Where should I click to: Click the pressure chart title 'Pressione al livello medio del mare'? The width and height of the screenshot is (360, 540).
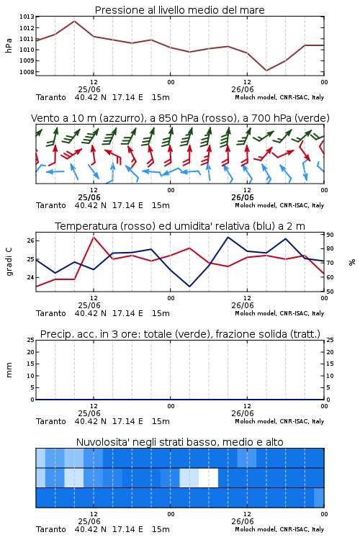[x=179, y=10]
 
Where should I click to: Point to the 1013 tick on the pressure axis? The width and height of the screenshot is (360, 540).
[x=27, y=17]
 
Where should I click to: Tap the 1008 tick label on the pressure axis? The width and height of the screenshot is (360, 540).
[x=27, y=72]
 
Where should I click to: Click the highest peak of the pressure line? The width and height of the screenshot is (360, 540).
[x=74, y=21]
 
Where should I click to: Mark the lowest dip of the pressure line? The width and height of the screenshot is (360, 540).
[x=266, y=71]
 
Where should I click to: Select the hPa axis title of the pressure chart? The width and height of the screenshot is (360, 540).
[x=9, y=45]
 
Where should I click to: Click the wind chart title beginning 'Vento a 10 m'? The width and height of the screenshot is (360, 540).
[x=180, y=118]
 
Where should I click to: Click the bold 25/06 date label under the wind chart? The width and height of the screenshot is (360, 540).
[x=89, y=197]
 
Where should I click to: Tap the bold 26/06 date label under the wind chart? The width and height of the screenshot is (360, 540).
[x=243, y=197]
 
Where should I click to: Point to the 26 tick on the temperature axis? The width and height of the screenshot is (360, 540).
[x=30, y=240]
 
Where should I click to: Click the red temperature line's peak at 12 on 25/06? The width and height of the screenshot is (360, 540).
[x=94, y=237]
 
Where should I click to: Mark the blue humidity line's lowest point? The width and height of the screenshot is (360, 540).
[x=189, y=287]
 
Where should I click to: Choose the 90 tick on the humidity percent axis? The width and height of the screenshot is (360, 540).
[x=330, y=235]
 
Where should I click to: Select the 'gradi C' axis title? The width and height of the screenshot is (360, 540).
[x=9, y=262]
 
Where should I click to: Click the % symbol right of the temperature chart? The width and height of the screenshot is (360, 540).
[x=352, y=262]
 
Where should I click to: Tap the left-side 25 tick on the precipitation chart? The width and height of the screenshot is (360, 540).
[x=30, y=340]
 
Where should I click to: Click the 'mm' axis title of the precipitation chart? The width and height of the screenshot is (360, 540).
[x=9, y=370]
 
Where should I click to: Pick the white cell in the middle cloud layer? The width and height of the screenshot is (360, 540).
[x=208, y=477]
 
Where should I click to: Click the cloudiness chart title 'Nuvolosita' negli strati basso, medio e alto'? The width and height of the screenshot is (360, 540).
[x=179, y=442]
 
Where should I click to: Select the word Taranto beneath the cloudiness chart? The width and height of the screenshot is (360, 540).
[x=50, y=529]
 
